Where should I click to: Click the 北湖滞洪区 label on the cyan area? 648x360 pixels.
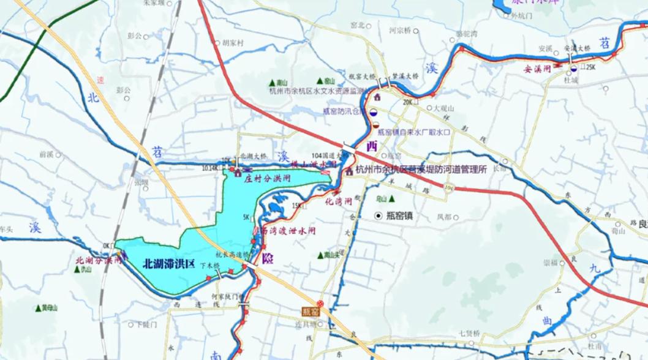[168, 264]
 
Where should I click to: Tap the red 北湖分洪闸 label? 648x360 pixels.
[99, 260]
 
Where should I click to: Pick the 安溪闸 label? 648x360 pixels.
[537, 69]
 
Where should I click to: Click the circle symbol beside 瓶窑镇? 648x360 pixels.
[379, 216]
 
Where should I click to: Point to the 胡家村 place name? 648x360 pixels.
[233, 43]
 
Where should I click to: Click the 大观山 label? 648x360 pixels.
[445, 108]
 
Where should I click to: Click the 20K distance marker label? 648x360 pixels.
[408, 102]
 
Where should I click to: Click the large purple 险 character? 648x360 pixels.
[267, 258]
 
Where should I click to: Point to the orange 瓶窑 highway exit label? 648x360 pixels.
[311, 312]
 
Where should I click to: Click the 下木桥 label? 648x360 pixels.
[226, 265]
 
